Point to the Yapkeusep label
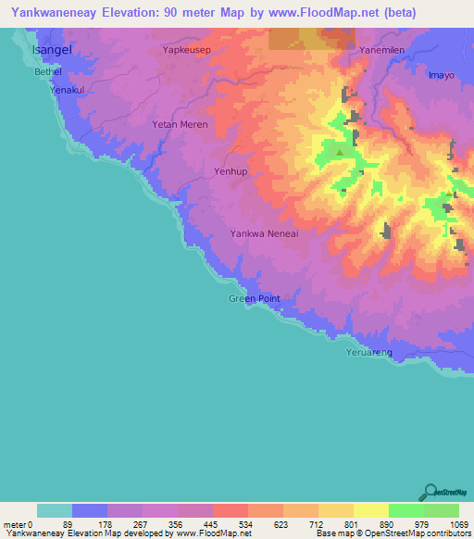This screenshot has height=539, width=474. (x=188, y=51)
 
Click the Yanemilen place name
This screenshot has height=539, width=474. (x=382, y=52)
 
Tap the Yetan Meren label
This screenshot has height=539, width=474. (x=181, y=124)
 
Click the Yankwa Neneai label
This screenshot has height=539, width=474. (x=264, y=234)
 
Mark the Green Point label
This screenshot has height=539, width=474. (x=254, y=298)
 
